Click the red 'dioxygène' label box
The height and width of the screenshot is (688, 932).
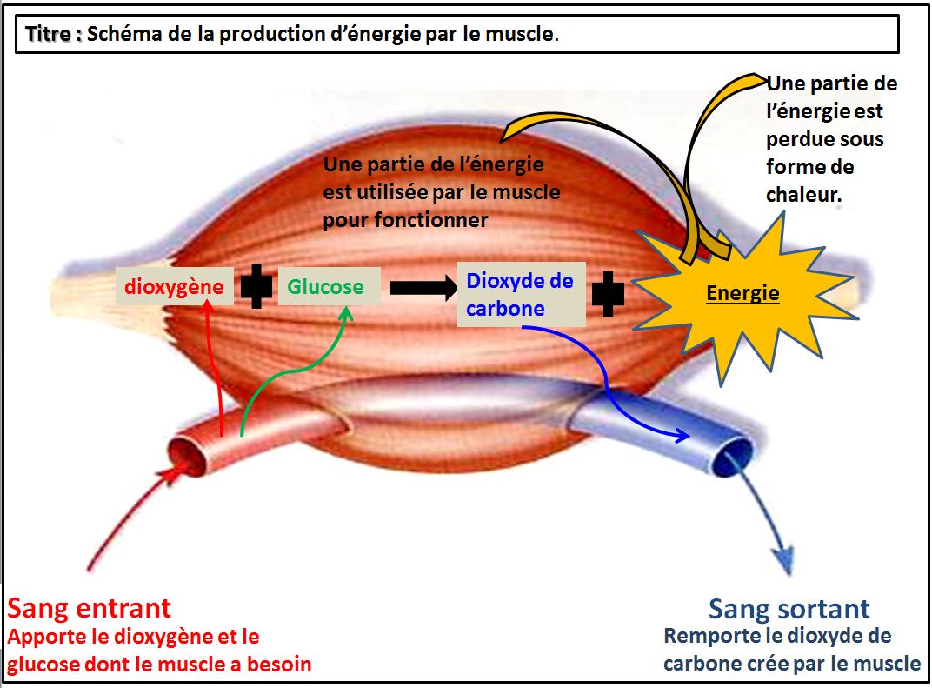[174, 286]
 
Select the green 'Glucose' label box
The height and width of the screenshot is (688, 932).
[329, 286]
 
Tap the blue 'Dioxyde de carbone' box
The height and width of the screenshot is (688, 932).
[522, 294]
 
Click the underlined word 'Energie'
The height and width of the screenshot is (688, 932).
[742, 292]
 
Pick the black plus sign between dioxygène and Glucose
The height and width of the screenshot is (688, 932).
[256, 287]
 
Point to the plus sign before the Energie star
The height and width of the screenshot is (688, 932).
[608, 294]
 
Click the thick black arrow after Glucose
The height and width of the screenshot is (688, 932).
[423, 288]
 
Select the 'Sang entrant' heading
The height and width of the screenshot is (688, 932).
[90, 608]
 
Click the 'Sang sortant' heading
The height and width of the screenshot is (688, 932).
[789, 609]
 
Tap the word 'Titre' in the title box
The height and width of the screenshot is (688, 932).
[48, 34]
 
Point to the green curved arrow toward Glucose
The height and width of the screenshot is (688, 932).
[294, 370]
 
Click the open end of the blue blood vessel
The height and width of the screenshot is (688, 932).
[733, 457]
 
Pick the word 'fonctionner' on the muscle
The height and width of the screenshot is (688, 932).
[431, 220]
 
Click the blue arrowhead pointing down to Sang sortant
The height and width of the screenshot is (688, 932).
[784, 559]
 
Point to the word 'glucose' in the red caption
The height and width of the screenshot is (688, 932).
[43, 665]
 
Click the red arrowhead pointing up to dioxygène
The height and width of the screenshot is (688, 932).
[206, 307]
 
